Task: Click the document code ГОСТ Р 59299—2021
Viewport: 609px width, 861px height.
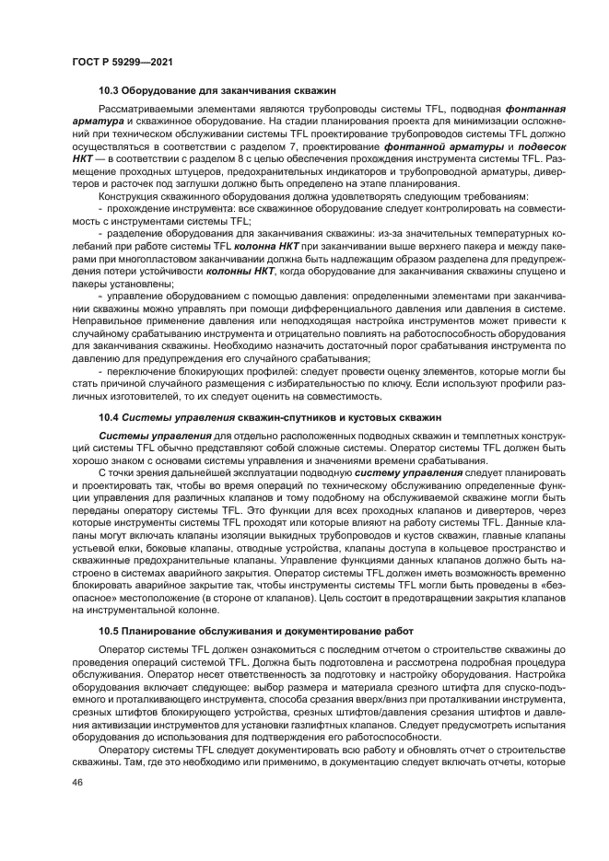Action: tap(122, 62)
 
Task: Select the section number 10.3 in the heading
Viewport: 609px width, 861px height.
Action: tap(110, 90)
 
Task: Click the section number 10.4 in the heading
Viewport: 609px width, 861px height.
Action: tap(110, 418)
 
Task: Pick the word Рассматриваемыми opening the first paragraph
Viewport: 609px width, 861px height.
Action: tap(145, 109)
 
